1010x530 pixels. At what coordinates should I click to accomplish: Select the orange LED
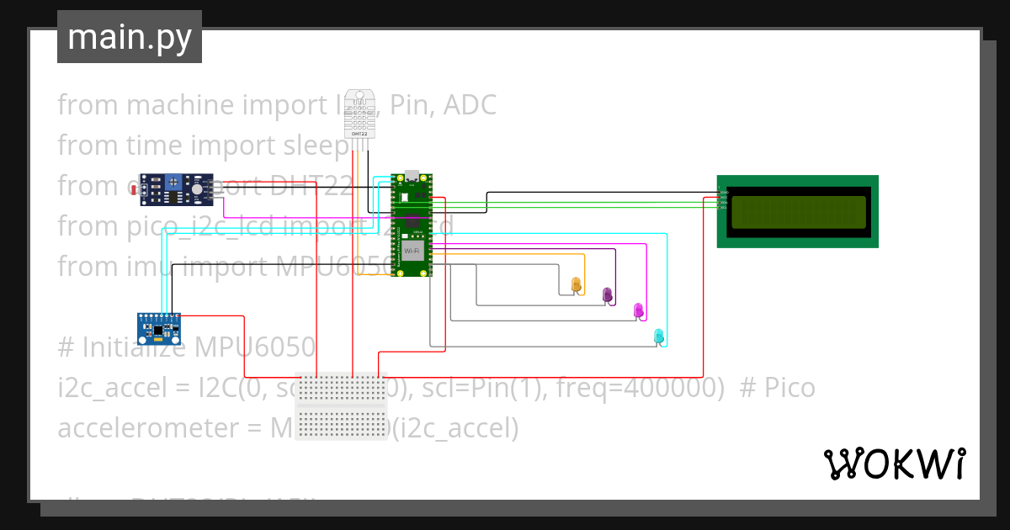pos(577,285)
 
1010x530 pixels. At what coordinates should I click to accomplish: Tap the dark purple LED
pos(608,294)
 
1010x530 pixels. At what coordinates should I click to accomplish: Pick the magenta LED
pos(638,310)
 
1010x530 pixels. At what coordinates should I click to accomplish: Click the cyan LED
pos(660,336)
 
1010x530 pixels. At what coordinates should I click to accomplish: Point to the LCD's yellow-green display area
pos(798,212)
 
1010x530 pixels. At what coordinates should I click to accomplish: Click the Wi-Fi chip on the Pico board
pos(412,251)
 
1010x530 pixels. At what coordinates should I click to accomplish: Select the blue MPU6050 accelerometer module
pos(159,328)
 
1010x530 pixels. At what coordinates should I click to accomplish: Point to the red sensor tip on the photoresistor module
pos(135,191)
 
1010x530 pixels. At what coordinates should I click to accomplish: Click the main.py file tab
pos(130,37)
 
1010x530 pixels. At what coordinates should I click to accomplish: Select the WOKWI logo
pos(894,464)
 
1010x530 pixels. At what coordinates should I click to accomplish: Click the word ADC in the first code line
pos(469,105)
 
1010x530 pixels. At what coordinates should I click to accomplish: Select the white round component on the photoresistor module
pos(197,190)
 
